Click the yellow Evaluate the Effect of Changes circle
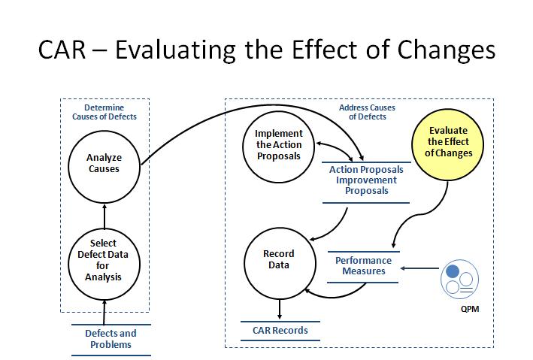tap(448, 144)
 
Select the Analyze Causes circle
tap(104, 167)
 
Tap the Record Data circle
tap(280, 264)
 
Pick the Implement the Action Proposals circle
tap(278, 147)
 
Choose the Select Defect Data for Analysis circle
tap(104, 264)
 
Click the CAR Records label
tap(280, 330)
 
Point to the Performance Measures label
tap(363, 266)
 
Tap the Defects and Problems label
tap(111, 339)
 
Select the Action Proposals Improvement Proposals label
tap(366, 180)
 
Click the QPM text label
tap(470, 309)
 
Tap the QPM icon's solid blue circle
tap(453, 271)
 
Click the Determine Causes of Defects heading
tap(104, 112)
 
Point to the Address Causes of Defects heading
tap(367, 112)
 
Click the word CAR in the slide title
tap(62, 50)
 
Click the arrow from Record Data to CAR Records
tap(280, 309)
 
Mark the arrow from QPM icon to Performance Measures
tap(419, 268)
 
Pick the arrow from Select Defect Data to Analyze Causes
tap(104, 216)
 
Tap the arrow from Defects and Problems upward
tap(104, 313)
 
